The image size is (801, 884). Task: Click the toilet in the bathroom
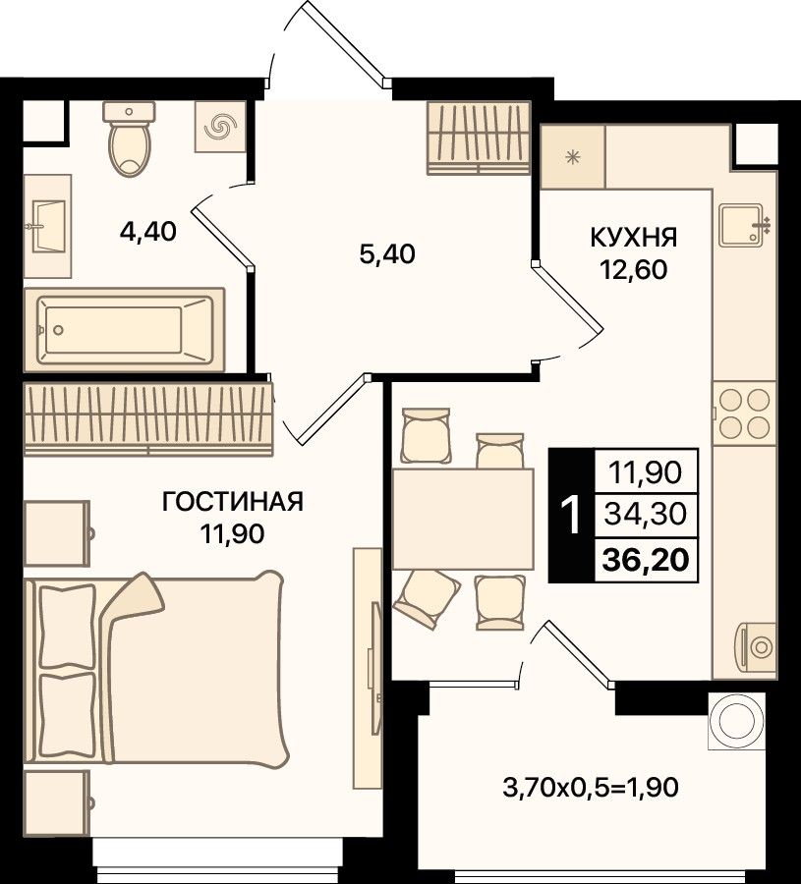point(129,138)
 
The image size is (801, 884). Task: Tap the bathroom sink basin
point(47,226)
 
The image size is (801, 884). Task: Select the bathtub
point(124,330)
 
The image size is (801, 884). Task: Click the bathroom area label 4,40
point(148,231)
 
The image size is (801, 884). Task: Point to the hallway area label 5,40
point(387,254)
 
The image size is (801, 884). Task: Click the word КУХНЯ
point(634,238)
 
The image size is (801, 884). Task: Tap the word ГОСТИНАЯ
point(232,501)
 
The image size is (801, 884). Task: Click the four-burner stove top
point(744,414)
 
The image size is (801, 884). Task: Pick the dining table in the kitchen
point(463,519)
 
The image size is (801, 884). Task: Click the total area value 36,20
point(646,560)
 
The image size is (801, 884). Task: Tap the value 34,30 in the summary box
point(646,514)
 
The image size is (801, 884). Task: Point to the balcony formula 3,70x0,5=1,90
point(590,787)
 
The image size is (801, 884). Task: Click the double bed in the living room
point(156,669)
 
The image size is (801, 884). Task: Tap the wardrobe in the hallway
point(479,138)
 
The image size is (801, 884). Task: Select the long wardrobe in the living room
point(148,418)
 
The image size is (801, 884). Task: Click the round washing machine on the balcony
point(737,721)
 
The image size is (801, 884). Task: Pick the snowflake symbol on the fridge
point(573,157)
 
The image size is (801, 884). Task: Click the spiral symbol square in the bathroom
point(220,127)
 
